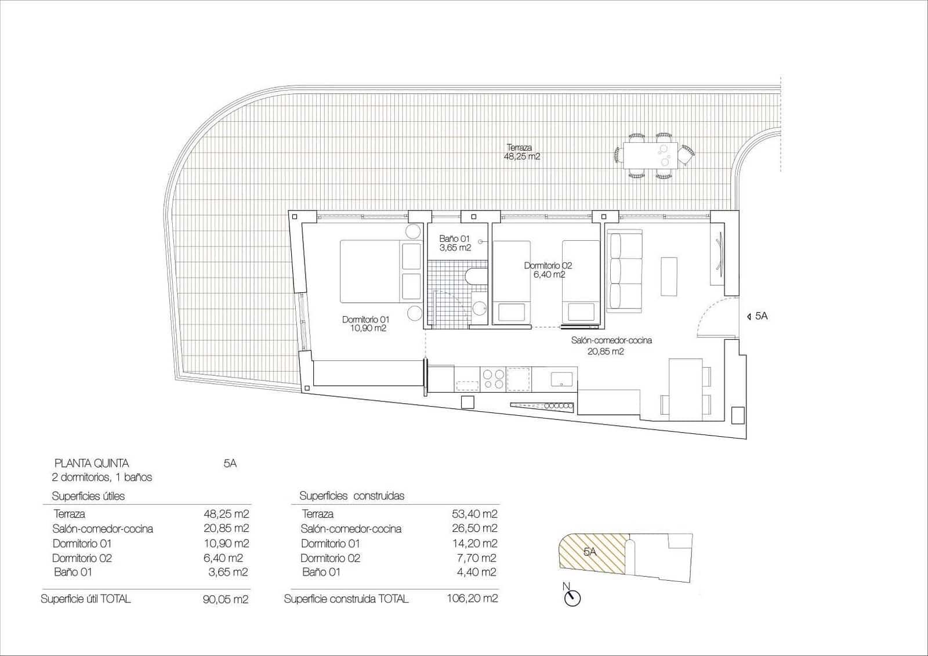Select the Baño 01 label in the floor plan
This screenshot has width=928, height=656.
point(455,243)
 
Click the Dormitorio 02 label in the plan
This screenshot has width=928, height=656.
point(548,270)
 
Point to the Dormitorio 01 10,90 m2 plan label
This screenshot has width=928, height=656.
point(365,324)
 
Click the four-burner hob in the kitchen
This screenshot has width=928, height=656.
point(494,379)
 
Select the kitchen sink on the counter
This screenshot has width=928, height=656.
point(561,379)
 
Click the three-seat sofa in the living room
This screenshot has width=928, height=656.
point(625,271)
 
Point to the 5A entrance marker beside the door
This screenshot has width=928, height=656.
point(758,316)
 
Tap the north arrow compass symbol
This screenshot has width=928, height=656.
point(572,598)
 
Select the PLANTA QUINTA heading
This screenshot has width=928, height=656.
point(92,463)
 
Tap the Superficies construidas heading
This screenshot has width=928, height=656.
point(351,496)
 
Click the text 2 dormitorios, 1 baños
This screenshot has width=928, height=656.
point(102,477)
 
